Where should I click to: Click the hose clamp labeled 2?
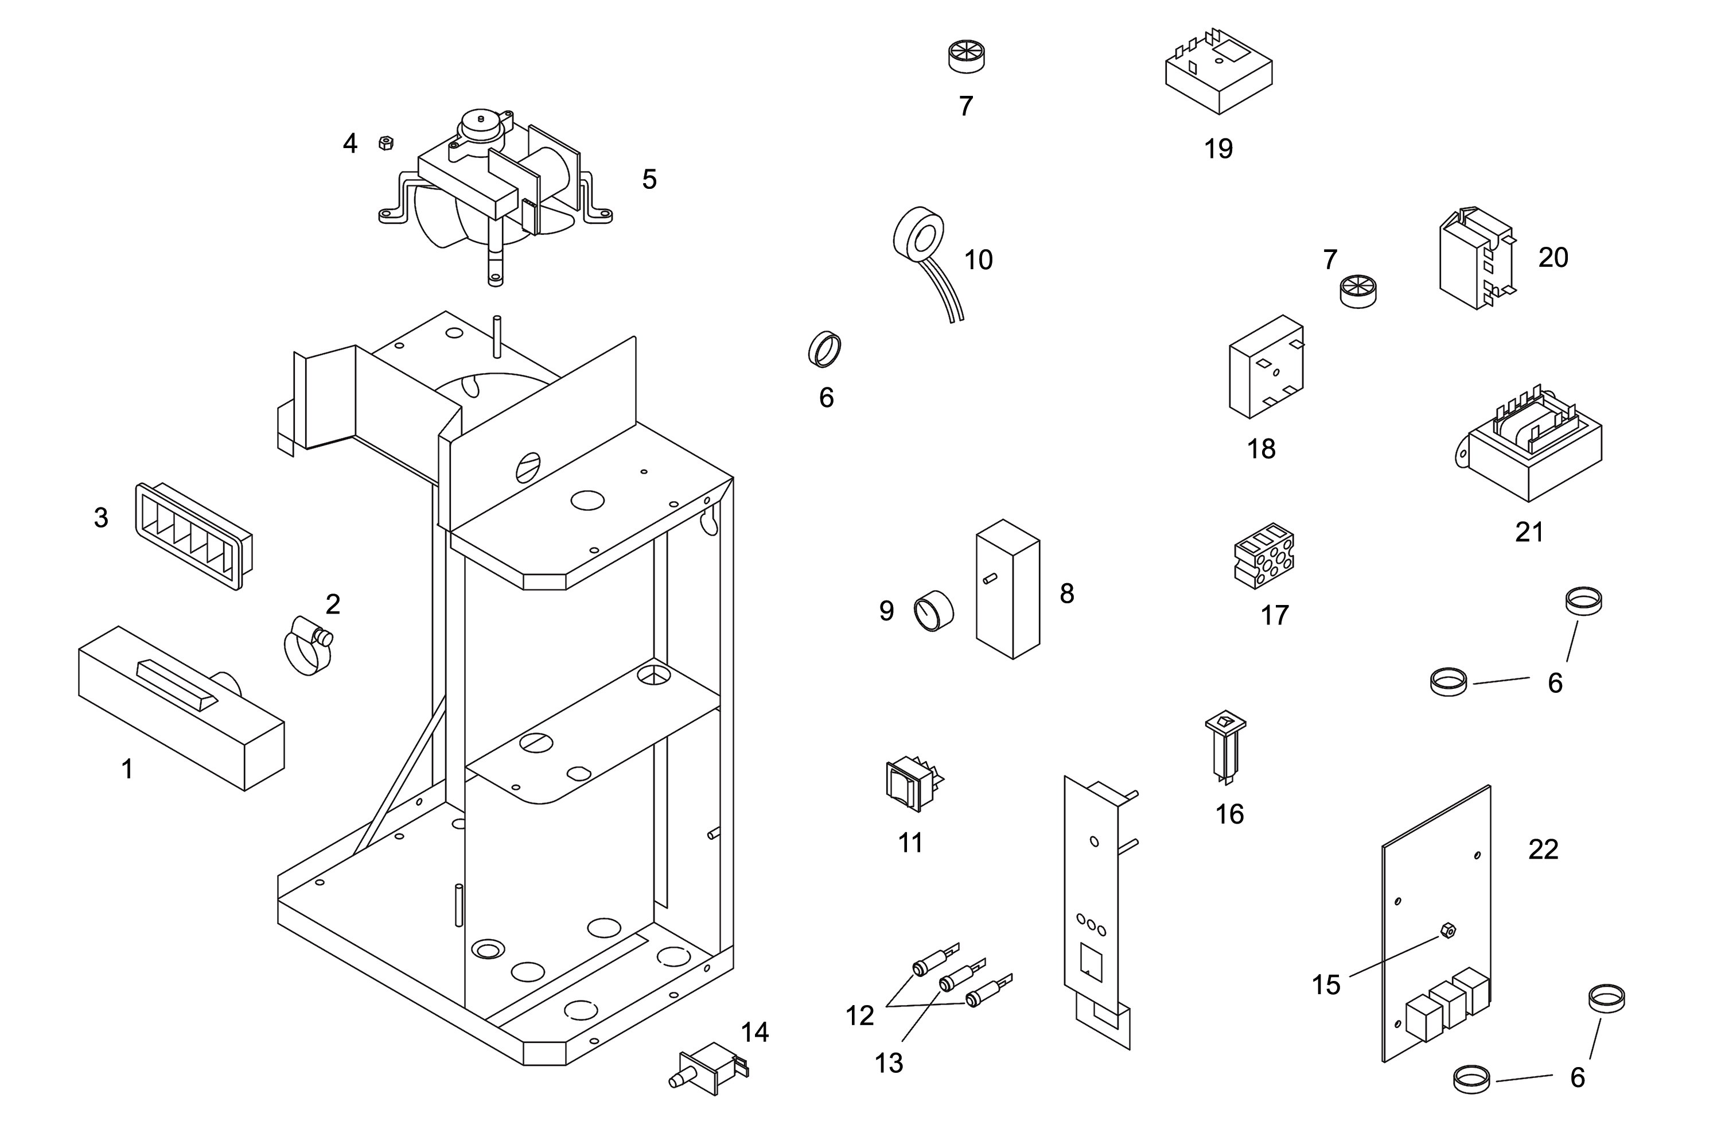click(308, 644)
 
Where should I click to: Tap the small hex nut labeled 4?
click(386, 143)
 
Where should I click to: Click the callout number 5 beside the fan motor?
click(649, 179)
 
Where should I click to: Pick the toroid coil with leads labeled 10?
click(920, 238)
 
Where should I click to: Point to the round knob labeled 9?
click(934, 611)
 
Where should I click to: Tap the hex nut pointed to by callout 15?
click(1447, 931)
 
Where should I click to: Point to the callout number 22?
click(1543, 850)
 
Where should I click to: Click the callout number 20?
click(1553, 258)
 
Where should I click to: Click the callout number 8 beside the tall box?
click(1067, 593)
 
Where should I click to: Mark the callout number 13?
click(889, 1063)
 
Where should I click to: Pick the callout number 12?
click(860, 1015)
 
